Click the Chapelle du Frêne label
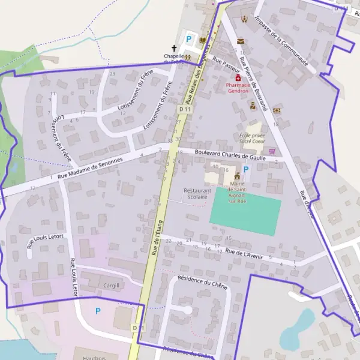click(175, 59)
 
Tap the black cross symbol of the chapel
click(175, 48)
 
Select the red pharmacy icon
click(238, 78)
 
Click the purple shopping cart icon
click(272, 152)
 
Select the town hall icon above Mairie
click(237, 176)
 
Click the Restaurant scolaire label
click(197, 193)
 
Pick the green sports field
click(245, 213)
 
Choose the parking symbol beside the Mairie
click(245, 170)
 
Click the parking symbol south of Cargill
click(98, 311)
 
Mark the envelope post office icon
click(241, 41)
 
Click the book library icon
click(203, 40)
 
